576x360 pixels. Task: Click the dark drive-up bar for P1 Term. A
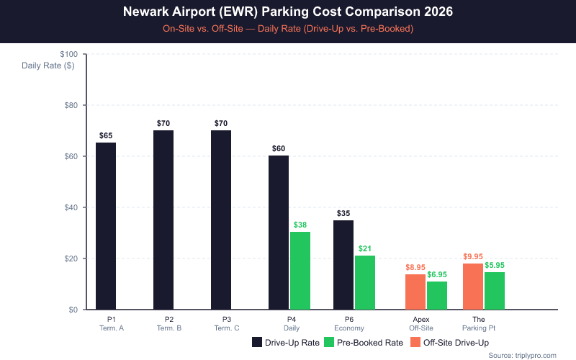point(106,226)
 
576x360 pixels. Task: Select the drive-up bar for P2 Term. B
point(163,220)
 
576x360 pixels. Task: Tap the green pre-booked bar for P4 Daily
point(300,271)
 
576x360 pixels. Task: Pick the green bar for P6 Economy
point(365,282)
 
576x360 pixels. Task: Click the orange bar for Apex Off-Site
point(415,292)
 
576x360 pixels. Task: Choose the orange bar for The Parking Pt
point(473,287)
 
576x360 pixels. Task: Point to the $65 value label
point(106,135)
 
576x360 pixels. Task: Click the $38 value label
point(300,225)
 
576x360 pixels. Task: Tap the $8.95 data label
point(415,267)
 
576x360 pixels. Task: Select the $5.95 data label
point(495,265)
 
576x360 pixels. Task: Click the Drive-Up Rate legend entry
point(286,343)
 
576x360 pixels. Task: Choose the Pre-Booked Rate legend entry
point(364,343)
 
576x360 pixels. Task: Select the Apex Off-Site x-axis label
point(421,323)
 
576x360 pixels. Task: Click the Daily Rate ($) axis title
point(48,66)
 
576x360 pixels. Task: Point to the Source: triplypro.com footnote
point(522,355)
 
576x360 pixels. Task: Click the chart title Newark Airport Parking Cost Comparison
point(288,13)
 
